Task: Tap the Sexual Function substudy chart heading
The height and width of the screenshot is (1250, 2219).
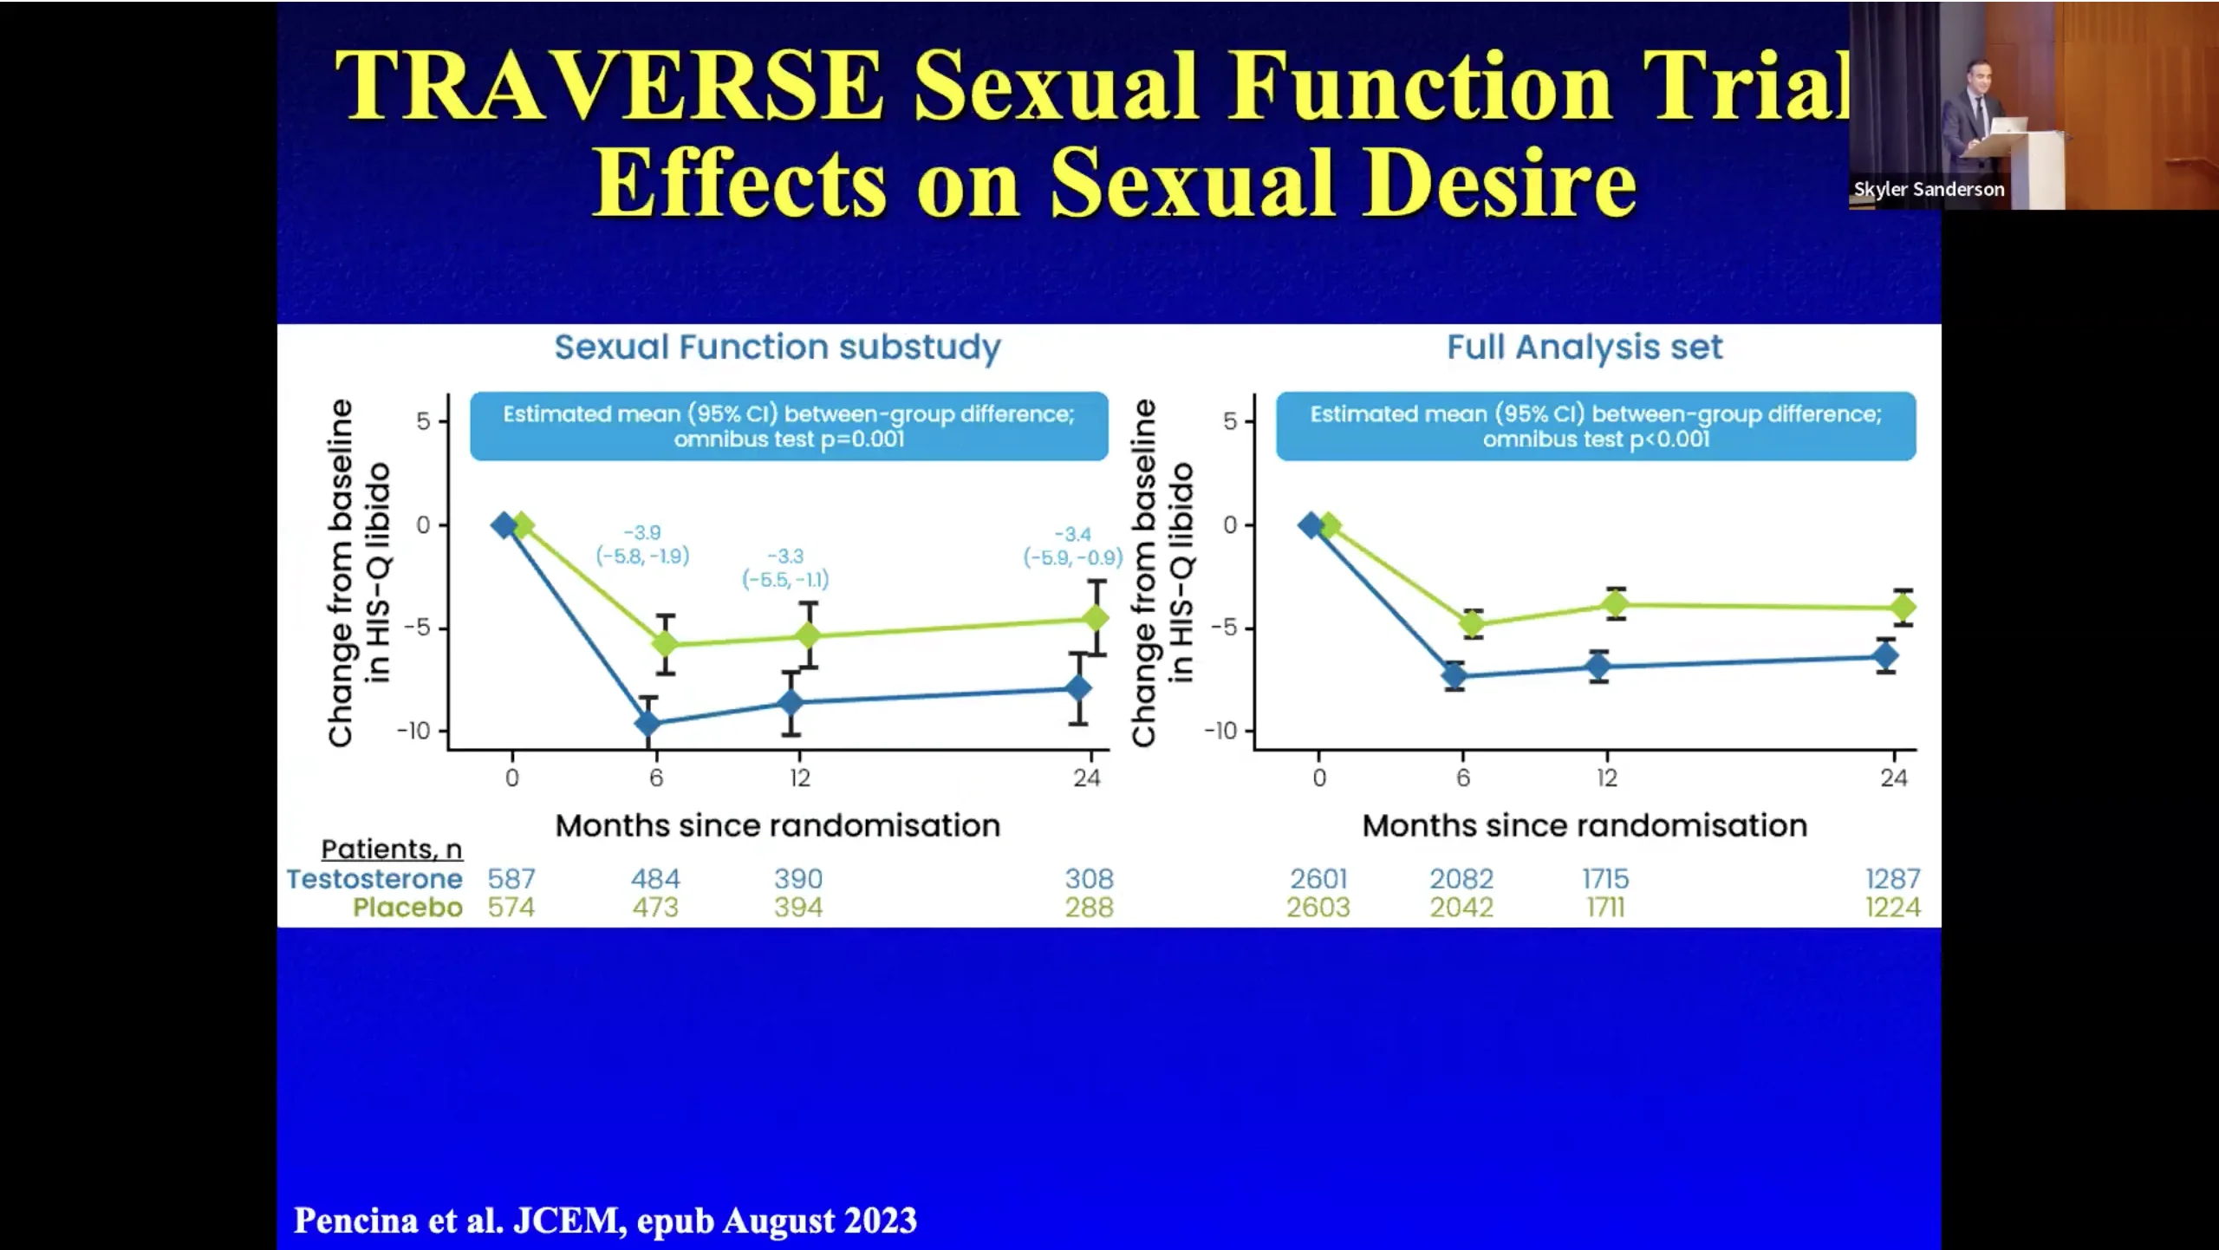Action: [x=778, y=347]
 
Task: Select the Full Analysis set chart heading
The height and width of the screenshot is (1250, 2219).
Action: [x=1585, y=347]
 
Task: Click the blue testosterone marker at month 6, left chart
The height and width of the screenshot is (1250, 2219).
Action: [x=647, y=722]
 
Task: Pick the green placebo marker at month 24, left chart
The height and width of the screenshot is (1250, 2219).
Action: [x=1096, y=617]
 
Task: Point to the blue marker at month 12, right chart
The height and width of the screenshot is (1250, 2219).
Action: [x=1598, y=666]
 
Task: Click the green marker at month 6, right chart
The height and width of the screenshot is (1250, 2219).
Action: [x=1472, y=623]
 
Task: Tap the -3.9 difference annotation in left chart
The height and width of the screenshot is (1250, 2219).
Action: [x=642, y=532]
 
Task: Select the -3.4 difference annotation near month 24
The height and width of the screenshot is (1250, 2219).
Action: [x=1072, y=534]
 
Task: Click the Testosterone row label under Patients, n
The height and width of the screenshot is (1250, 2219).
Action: [x=374, y=879]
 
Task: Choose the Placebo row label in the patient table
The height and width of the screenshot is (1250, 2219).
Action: [x=407, y=908]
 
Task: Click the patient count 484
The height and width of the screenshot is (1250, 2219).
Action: [x=655, y=879]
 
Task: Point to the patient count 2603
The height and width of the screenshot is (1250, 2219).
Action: [x=1318, y=908]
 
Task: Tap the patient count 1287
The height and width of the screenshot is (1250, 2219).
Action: [x=1892, y=879]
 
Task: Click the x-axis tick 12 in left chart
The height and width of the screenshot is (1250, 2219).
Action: [x=799, y=778]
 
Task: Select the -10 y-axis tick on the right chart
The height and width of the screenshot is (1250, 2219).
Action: [x=1220, y=732]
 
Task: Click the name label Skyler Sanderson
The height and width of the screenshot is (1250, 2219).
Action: [x=1929, y=189]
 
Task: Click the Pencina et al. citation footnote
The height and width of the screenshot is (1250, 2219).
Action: [x=605, y=1221]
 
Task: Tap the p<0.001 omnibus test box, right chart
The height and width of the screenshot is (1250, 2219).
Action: [x=1596, y=426]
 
